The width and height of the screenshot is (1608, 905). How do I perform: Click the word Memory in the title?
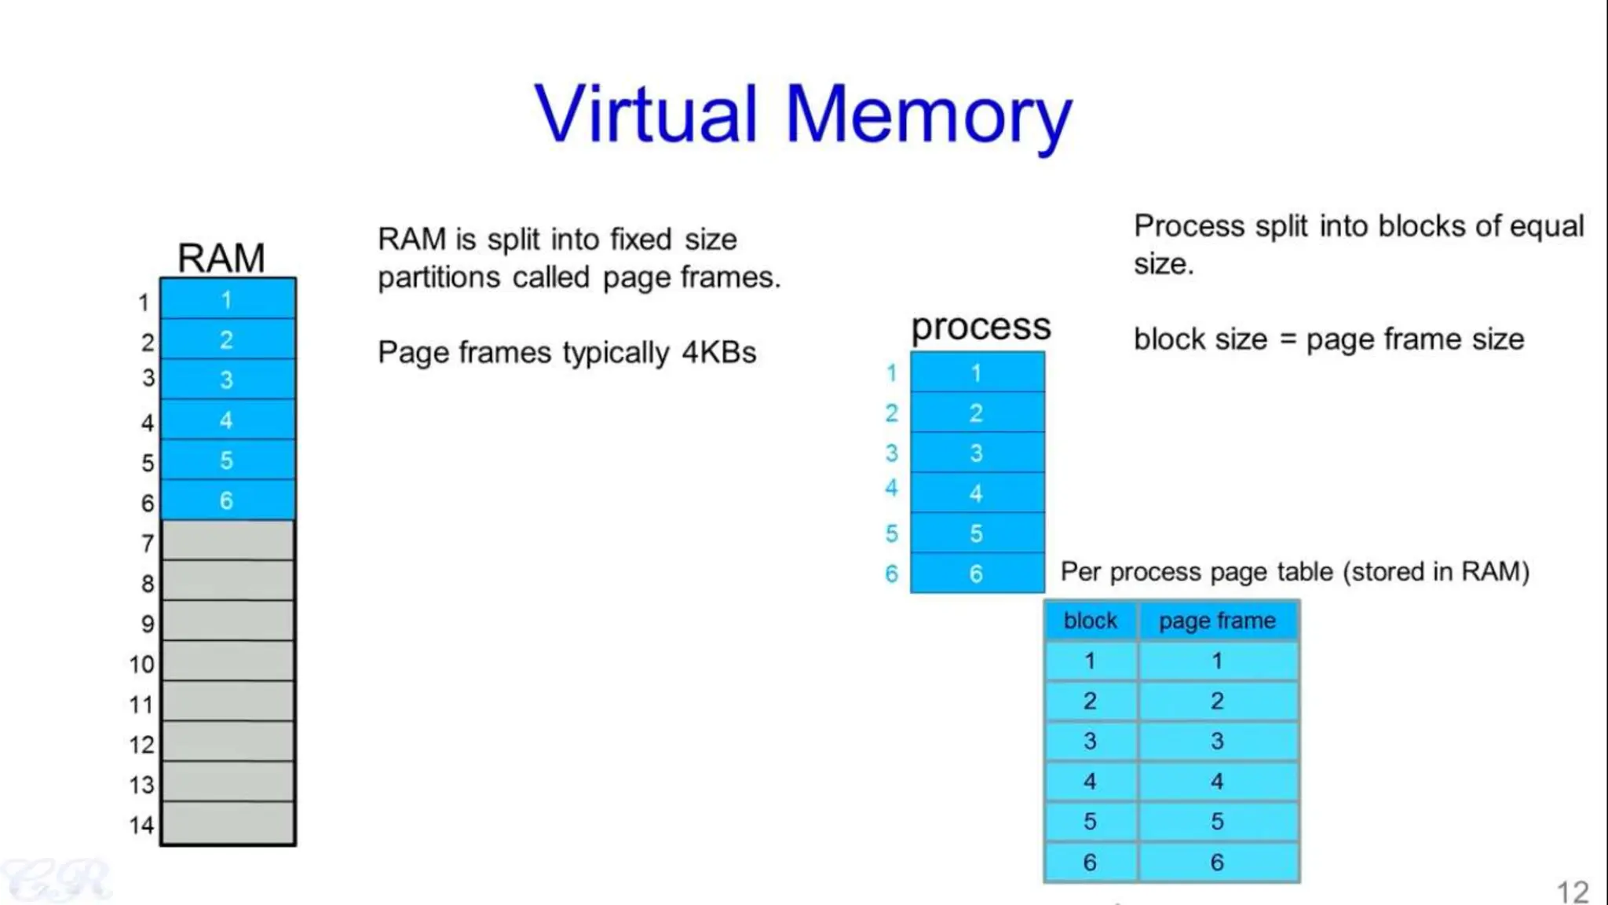[929, 118]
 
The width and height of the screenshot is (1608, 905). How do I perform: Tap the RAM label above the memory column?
[221, 258]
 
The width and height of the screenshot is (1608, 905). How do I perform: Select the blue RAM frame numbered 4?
[228, 420]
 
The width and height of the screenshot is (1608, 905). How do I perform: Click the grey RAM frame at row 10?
[228, 661]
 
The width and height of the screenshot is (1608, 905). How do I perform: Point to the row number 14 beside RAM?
[141, 825]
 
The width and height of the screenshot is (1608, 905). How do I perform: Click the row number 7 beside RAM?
[148, 544]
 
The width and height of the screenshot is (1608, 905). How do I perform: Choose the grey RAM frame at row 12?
[228, 742]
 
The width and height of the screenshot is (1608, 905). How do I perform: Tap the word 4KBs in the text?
[719, 353]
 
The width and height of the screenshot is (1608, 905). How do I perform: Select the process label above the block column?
[981, 328]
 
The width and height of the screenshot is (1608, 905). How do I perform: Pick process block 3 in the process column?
[978, 452]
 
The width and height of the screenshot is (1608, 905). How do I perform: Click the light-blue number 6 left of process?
[891, 573]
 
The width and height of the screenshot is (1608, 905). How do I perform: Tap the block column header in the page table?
[1091, 621]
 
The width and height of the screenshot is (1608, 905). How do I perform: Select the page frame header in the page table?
[1218, 621]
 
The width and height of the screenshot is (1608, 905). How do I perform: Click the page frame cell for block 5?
[1218, 822]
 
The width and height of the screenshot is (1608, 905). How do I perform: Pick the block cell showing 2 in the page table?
[1091, 701]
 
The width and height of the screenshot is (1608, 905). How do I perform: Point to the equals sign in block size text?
[1288, 340]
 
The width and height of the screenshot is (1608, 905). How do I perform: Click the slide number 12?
[1573, 892]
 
